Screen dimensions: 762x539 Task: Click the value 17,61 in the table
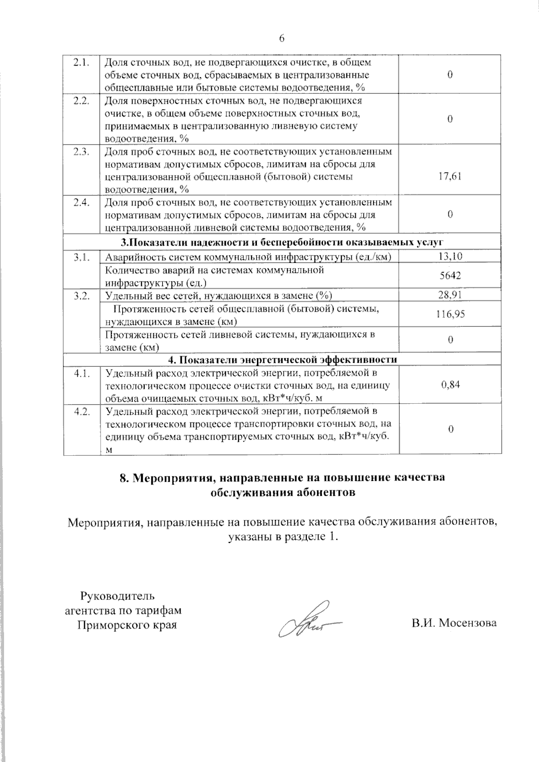pyautogui.click(x=450, y=176)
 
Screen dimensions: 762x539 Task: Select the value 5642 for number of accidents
pyautogui.click(x=450, y=275)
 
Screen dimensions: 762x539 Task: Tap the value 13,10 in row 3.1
pyautogui.click(x=450, y=256)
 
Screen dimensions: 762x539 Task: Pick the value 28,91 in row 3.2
pyautogui.click(x=450, y=295)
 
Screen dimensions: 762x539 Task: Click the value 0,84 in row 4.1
pyautogui.click(x=450, y=384)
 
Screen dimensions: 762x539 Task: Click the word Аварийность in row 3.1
pyautogui.click(x=130, y=257)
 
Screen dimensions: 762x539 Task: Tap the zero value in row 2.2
pyautogui.click(x=450, y=119)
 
